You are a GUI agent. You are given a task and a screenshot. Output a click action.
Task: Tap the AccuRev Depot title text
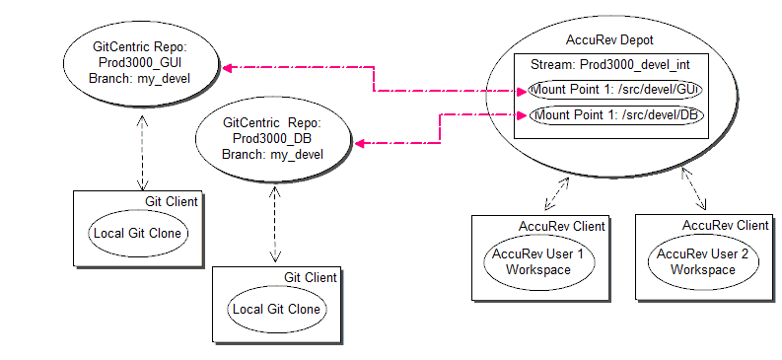tap(609, 39)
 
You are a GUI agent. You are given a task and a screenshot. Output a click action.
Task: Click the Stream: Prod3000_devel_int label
tap(610, 65)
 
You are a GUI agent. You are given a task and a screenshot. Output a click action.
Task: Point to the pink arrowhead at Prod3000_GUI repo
tap(228, 68)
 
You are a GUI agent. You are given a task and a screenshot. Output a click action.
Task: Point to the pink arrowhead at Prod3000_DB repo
tap(360, 144)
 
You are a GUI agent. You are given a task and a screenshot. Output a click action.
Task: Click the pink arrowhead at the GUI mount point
tap(521, 91)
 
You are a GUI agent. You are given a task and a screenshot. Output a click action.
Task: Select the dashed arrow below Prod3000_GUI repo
tap(143, 152)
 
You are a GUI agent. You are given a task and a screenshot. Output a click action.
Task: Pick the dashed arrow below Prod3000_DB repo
tap(275, 224)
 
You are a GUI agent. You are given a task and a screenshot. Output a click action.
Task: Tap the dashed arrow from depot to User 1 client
tap(556, 192)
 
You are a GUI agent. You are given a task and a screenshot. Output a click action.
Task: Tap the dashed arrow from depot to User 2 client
tap(694, 188)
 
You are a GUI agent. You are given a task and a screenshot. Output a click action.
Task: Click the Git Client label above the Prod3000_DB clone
tap(311, 277)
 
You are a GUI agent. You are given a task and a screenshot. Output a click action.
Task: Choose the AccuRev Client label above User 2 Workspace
tap(726, 226)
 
